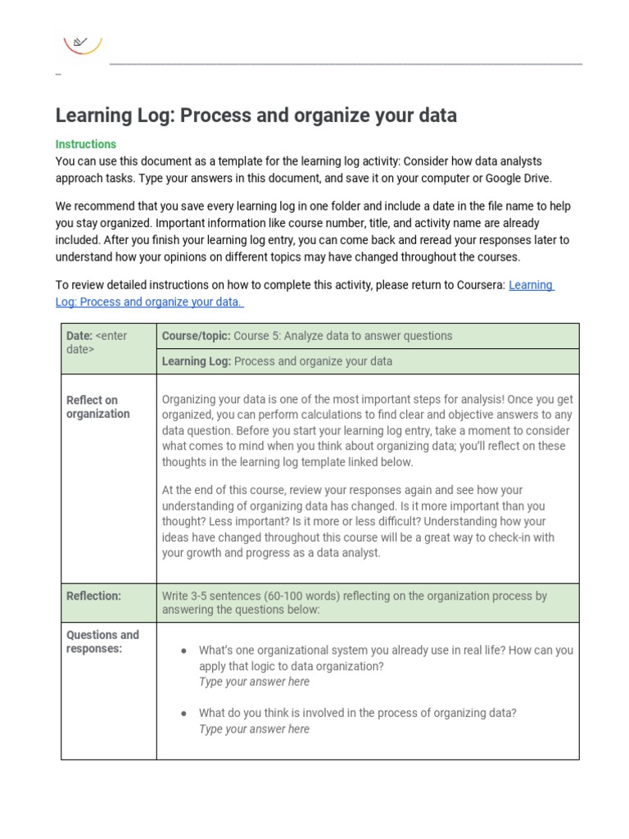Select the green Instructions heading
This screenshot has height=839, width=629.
click(x=86, y=144)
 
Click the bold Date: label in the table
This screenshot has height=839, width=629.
click(x=79, y=336)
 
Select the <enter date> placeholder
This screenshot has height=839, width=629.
click(x=97, y=342)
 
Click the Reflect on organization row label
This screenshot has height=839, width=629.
click(x=97, y=407)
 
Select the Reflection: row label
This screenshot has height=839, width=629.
click(x=93, y=596)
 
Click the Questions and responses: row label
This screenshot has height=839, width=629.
click(x=102, y=642)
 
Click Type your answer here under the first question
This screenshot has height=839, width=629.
click(x=254, y=682)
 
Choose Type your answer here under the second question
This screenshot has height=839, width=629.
click(x=254, y=729)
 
